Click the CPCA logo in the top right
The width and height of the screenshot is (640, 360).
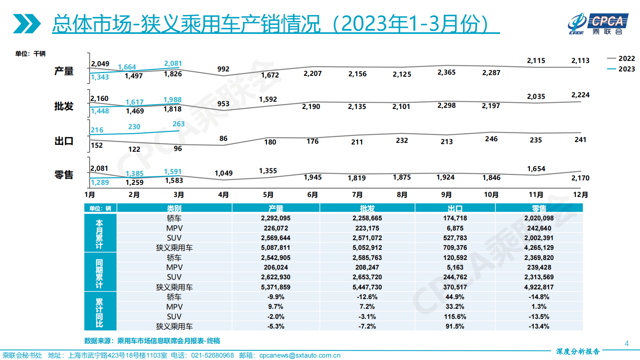point(598,24)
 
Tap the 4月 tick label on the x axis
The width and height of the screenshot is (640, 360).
point(223,195)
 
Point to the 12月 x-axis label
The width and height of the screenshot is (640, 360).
point(580,195)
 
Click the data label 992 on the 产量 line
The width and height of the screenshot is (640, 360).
point(223,69)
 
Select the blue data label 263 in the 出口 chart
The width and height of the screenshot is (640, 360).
point(178,124)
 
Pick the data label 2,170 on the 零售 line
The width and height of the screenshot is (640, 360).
point(580,178)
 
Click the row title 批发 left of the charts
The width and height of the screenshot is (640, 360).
point(64,106)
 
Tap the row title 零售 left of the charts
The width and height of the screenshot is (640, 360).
point(64,175)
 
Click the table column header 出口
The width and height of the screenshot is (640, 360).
point(455,208)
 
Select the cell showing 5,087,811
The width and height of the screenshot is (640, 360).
point(275,248)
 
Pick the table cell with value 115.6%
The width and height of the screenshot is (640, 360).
point(455,317)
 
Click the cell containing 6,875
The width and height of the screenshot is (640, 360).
point(455,228)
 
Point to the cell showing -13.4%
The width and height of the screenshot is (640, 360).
point(539,327)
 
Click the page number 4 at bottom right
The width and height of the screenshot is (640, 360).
point(626,343)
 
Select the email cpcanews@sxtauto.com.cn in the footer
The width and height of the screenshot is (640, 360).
point(300,356)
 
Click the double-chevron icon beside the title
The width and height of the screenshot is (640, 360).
point(27,24)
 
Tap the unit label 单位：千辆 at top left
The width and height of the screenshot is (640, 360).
point(30,54)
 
